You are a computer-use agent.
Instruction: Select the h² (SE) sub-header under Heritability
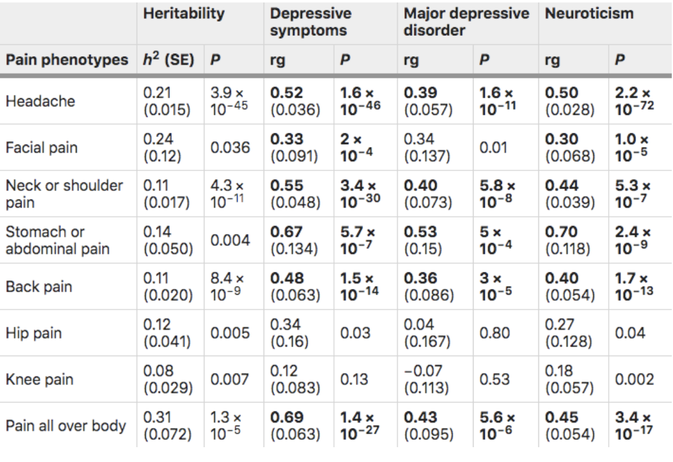pos(168,61)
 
